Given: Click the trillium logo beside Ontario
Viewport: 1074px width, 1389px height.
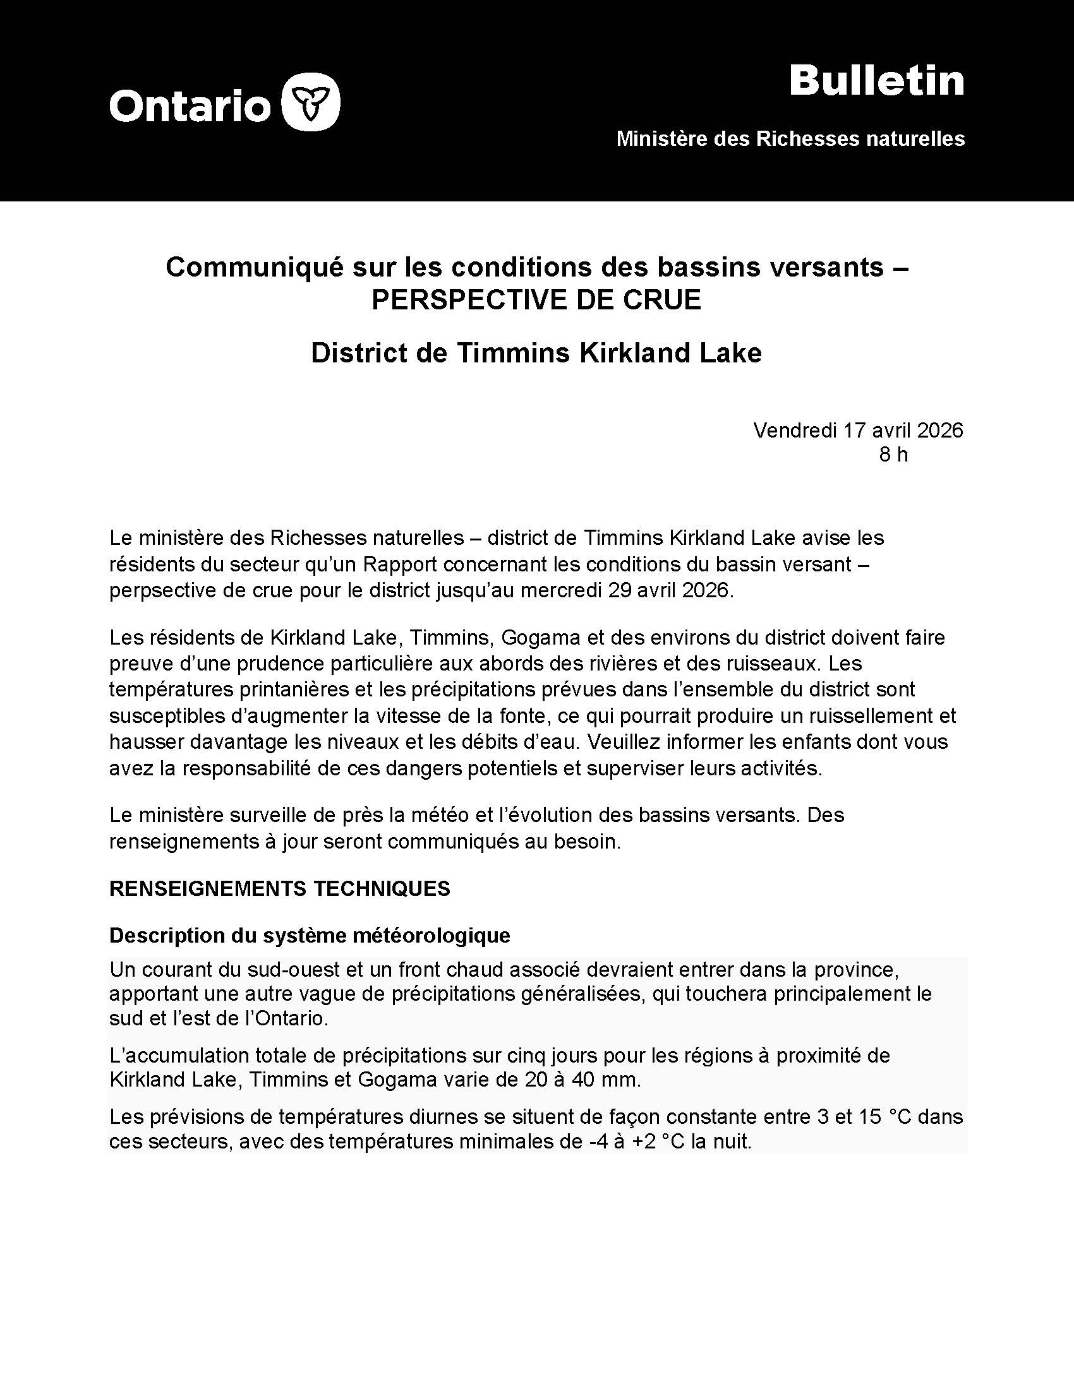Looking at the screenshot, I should tap(310, 102).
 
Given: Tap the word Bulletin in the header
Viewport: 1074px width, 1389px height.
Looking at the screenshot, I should tap(876, 81).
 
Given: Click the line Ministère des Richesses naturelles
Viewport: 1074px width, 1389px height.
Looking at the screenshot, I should tap(790, 139).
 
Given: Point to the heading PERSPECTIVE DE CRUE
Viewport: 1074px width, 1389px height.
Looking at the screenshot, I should tap(536, 299).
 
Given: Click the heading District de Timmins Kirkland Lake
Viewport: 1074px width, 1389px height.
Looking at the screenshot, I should tap(536, 353).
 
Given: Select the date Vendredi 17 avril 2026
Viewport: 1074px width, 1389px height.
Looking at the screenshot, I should tap(858, 431).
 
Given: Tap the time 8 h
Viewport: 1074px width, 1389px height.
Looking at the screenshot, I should tap(893, 455).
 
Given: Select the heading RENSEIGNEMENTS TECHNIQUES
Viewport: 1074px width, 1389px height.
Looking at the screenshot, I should tap(279, 888).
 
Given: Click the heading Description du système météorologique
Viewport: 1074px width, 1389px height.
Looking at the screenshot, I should tap(309, 935).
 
